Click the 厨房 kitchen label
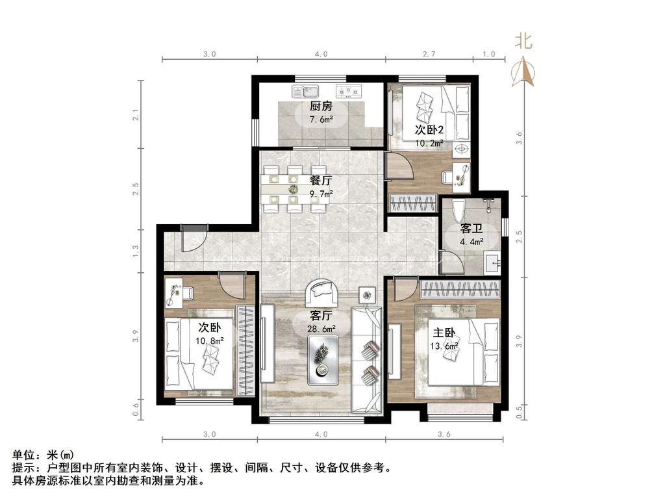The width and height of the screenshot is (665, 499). click(321, 106)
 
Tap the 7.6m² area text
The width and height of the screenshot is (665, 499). click(321, 120)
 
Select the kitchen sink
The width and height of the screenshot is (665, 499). click(305, 91)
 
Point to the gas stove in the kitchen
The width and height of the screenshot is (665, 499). click(349, 91)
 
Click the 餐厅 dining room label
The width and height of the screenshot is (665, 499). click(321, 181)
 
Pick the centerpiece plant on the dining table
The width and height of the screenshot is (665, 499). click(293, 188)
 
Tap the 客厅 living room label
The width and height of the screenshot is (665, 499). click(321, 316)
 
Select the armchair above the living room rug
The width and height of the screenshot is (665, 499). click(322, 291)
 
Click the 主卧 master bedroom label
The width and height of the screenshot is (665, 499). click(444, 333)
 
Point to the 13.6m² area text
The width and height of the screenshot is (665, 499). click(444, 346)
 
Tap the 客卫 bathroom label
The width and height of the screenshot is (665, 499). click(471, 229)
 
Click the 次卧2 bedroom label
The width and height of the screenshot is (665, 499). click(429, 129)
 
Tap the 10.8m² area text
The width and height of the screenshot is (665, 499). click(210, 340)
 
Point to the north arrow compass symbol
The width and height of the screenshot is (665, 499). click(523, 72)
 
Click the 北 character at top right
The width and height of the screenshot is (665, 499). click(523, 41)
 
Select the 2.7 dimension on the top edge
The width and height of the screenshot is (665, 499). click(429, 54)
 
